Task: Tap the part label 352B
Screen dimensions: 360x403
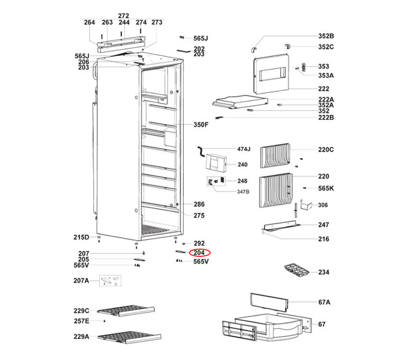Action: point(326,36)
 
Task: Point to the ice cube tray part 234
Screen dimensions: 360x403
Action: point(296,271)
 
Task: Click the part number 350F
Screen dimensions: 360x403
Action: point(201,125)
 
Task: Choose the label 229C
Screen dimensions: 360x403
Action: point(82,310)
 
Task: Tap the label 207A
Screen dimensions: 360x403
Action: point(81,280)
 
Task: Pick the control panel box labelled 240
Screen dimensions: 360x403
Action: point(215,162)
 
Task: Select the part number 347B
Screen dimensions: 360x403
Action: point(243,192)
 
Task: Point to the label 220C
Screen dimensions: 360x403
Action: point(326,149)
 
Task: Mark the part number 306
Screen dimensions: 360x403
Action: point(323,205)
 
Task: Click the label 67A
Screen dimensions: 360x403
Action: point(325,302)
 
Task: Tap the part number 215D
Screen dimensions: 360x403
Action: point(81,237)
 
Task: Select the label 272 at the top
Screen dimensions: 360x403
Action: point(124,16)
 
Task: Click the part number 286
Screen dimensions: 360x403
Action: point(199,204)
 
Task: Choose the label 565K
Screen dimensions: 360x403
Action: point(326,188)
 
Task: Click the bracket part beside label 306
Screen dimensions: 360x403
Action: point(307,205)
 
